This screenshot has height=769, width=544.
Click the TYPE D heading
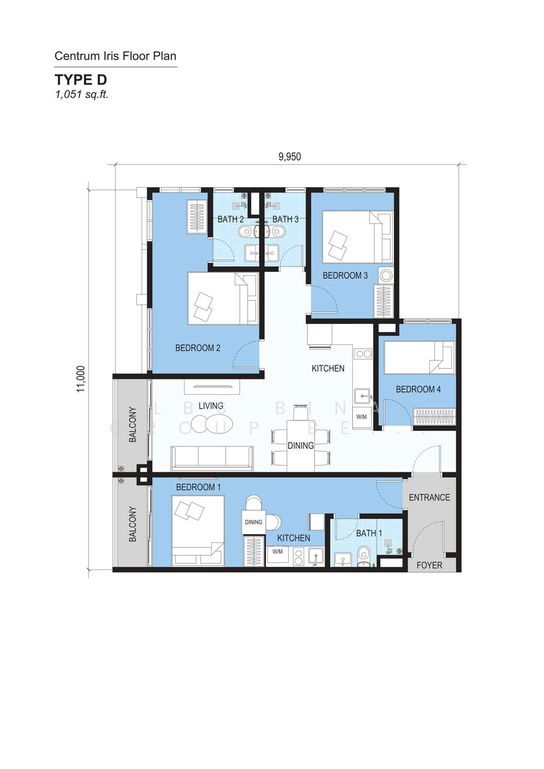pyautogui.click(x=81, y=79)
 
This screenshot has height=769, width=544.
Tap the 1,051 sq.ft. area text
pyautogui.click(x=82, y=94)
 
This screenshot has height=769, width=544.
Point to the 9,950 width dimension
pyautogui.click(x=290, y=156)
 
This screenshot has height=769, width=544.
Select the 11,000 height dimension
pyautogui.click(x=81, y=379)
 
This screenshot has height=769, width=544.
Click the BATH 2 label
pyautogui.click(x=230, y=219)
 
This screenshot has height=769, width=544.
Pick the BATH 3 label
pyautogui.click(x=286, y=219)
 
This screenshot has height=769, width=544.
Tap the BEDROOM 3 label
pyautogui.click(x=345, y=275)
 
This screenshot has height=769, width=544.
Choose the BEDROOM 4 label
pyautogui.click(x=418, y=389)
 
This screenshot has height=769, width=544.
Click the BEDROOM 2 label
pyautogui.click(x=198, y=348)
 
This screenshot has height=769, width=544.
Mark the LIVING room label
pyautogui.click(x=211, y=406)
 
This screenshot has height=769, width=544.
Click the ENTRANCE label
pyautogui.click(x=429, y=497)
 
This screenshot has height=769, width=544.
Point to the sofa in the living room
pyautogui.click(x=212, y=458)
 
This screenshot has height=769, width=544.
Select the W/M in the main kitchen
pyautogui.click(x=361, y=417)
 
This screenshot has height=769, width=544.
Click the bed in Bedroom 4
pyautogui.click(x=419, y=357)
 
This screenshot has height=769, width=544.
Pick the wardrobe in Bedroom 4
pyautogui.click(x=434, y=417)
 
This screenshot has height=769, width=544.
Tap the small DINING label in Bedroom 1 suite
pyautogui.click(x=253, y=522)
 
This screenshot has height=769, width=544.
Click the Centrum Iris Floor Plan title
pyautogui.click(x=115, y=56)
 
